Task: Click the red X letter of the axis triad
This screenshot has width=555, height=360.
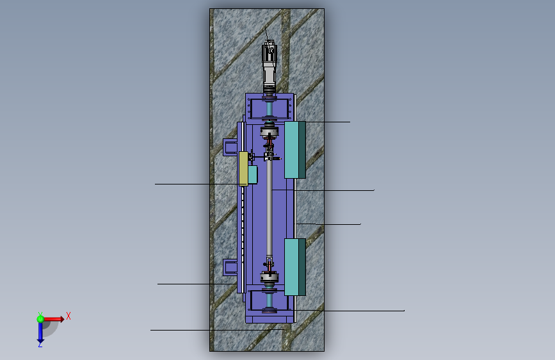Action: tap(68, 316)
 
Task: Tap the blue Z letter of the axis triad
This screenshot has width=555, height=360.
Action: tap(40, 345)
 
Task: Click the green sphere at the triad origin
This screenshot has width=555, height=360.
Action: tap(40, 319)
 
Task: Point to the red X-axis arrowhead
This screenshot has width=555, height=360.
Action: tap(62, 319)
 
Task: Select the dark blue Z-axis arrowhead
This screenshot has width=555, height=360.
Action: tap(40, 341)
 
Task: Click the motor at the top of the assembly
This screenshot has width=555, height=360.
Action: tap(269, 67)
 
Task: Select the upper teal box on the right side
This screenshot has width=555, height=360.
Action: tap(295, 150)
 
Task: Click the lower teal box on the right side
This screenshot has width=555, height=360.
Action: tap(295, 267)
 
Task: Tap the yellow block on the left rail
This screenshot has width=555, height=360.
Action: tap(243, 168)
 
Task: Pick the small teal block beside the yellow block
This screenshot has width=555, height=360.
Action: tap(252, 175)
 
